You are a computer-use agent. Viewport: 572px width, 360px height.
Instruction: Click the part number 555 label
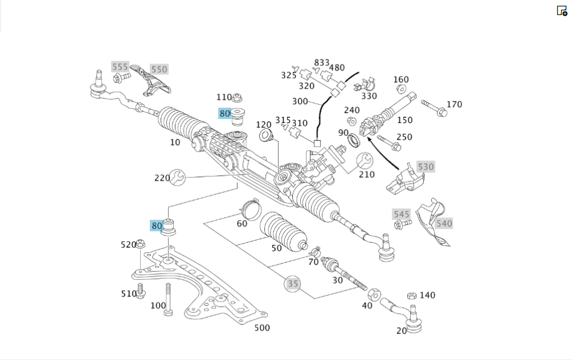(x=120, y=67)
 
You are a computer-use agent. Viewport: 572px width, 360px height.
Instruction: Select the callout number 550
(x=159, y=69)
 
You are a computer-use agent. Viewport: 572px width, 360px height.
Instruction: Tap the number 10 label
(x=175, y=142)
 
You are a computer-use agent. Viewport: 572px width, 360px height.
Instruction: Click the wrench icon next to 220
(x=178, y=177)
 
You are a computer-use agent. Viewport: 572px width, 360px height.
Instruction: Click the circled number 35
(x=293, y=283)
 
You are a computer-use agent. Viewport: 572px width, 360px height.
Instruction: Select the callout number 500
(x=262, y=327)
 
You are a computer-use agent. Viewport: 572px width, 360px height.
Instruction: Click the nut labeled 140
(x=411, y=296)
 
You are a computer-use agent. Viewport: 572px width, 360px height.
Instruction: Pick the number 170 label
(x=454, y=104)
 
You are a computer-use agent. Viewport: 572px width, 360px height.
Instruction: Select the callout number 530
(x=426, y=167)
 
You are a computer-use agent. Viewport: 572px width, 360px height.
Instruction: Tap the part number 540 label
(x=444, y=223)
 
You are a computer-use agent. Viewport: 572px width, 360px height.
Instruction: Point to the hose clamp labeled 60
(x=248, y=204)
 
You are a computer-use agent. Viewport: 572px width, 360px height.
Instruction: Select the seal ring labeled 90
(x=355, y=140)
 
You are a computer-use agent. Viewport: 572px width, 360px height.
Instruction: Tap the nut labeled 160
(x=401, y=89)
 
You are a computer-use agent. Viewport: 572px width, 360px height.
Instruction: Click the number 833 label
(x=322, y=62)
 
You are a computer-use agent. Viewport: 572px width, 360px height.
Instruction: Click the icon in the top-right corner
(x=562, y=10)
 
